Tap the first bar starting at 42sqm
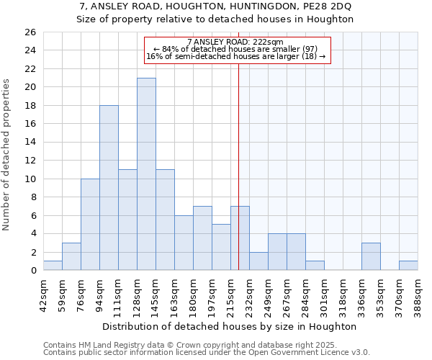[x=53, y=265]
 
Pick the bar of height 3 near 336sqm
[x=371, y=256]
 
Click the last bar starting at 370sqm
[x=408, y=265]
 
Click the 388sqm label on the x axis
[x=418, y=294]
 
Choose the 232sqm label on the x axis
[x=249, y=294]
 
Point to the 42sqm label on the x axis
[x=43, y=294]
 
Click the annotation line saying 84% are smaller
[x=236, y=49]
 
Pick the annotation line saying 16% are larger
[x=236, y=56]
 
